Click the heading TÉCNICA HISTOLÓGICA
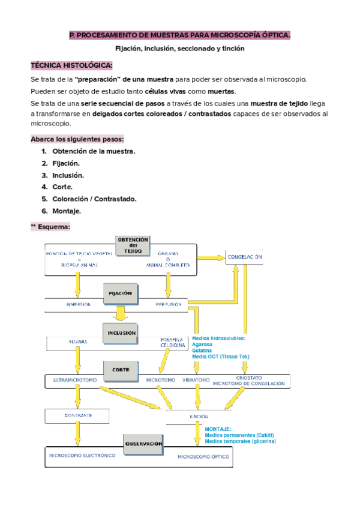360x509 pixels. click(71, 65)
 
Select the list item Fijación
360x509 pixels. click(66, 163)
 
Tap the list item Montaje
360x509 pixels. click(67, 211)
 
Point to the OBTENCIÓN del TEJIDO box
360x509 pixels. click(133, 245)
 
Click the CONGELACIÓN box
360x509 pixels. click(244, 257)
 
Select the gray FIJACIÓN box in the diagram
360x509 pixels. click(120, 294)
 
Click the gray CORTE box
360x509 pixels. click(121, 370)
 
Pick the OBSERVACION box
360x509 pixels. click(144, 444)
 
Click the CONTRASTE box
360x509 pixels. click(77, 415)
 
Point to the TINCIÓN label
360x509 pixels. click(198, 416)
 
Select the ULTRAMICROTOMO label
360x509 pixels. click(76, 380)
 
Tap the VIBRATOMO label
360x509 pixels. click(196, 380)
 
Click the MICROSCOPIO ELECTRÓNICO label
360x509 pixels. click(82, 456)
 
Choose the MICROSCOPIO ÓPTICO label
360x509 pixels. click(203, 457)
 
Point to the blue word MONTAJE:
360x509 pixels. click(218, 429)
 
